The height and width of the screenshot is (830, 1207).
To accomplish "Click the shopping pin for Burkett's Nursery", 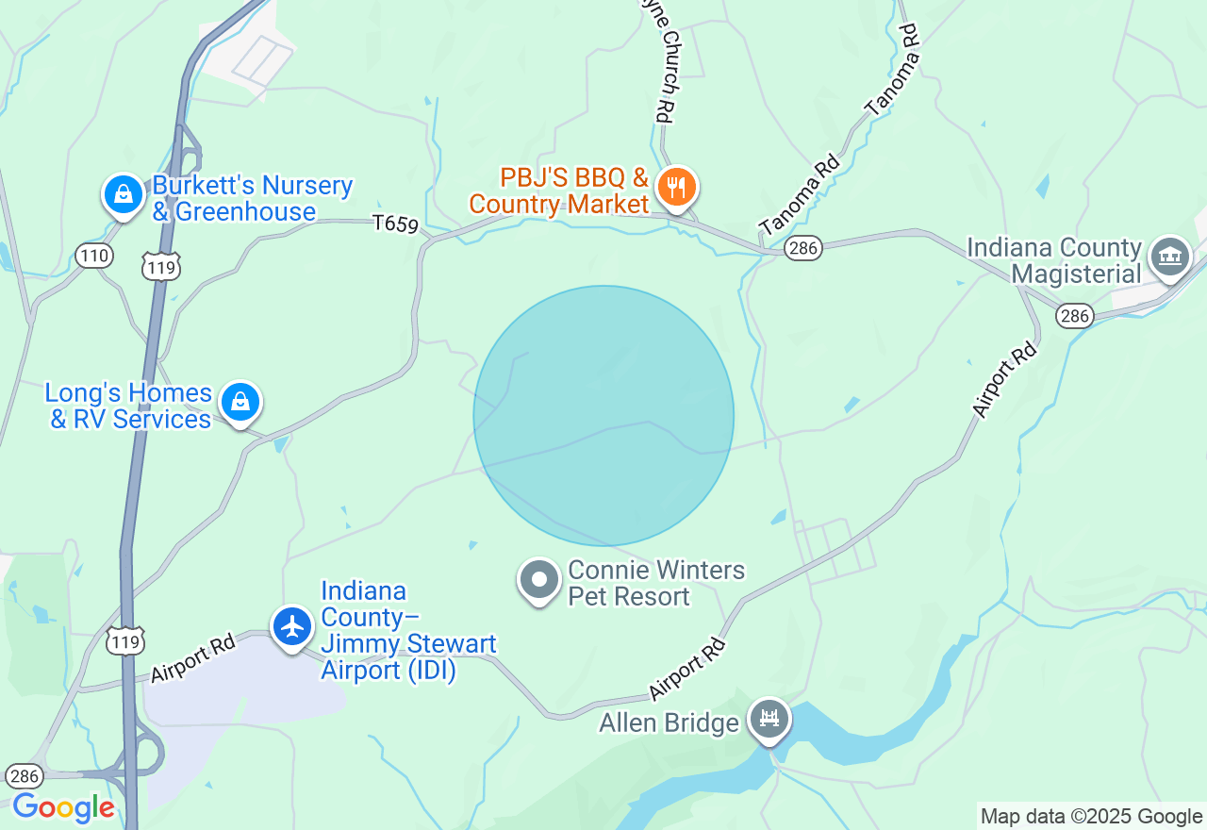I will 123,195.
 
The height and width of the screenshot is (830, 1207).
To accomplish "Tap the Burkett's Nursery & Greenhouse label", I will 252,198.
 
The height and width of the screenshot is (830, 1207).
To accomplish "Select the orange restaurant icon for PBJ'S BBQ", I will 675,187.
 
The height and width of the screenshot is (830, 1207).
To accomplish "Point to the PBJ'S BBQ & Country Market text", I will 559,191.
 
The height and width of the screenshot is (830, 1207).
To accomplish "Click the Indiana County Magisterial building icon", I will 1170,255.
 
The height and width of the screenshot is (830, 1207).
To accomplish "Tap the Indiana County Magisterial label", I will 1054,261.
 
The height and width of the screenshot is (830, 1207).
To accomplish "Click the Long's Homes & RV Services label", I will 130,406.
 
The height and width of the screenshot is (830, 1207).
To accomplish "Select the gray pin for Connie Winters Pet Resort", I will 540,581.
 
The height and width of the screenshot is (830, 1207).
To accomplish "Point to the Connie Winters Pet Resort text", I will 655,583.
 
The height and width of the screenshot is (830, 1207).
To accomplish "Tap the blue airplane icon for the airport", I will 292,626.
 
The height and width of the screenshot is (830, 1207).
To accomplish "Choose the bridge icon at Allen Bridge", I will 769,721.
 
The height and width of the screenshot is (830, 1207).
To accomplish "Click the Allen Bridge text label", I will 669,723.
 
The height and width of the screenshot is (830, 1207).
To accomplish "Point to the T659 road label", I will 394,224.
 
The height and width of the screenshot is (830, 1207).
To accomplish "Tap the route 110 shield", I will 94,255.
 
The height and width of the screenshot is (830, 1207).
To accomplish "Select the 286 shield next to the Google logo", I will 25,776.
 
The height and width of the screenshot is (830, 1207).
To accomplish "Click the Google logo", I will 63,808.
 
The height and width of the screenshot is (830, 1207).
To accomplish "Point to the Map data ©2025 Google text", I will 1091,817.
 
